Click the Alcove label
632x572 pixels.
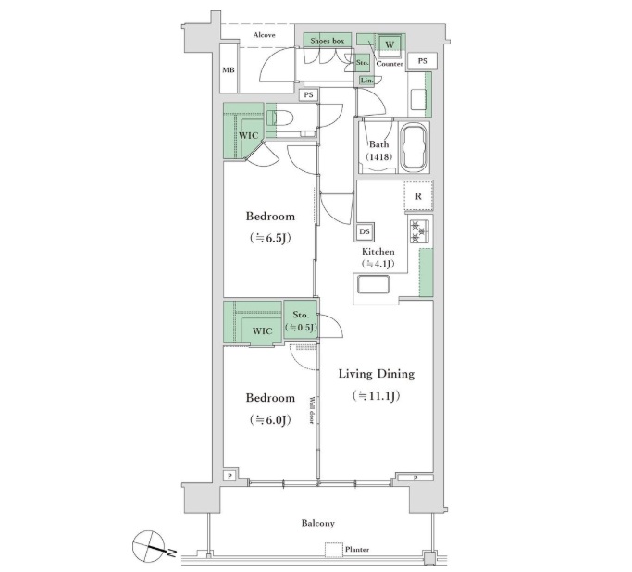265,35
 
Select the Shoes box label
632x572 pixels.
328,41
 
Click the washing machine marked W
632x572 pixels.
390,44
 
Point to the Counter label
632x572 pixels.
390,64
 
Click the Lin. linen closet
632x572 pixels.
366,81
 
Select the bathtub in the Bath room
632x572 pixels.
414,147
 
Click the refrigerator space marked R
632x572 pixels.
419,196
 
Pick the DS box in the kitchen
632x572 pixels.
365,231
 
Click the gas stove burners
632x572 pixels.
420,231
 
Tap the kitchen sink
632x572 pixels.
374,285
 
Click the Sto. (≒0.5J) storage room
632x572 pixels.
301,321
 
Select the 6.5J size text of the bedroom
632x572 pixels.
270,238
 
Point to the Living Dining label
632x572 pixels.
377,374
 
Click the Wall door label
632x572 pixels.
312,411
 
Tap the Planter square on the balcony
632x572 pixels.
334,550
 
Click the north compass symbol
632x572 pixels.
152,546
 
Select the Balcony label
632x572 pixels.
318,523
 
